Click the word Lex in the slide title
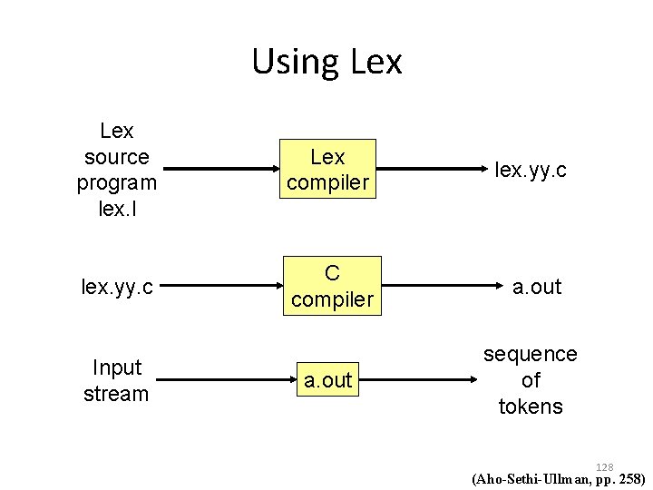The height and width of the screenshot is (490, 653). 375,62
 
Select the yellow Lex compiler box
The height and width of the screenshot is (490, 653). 327,170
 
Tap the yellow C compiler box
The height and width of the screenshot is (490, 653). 333,286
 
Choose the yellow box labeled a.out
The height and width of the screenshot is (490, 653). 327,380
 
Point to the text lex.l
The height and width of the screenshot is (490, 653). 116,209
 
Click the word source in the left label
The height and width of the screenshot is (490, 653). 116,157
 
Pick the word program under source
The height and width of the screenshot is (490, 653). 116,182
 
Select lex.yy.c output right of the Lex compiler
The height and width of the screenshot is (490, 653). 531,170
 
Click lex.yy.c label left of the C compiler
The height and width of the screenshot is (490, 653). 116,287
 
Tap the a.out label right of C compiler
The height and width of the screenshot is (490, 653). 537,287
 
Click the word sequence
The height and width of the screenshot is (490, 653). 531,354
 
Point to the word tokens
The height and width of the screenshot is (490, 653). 531,407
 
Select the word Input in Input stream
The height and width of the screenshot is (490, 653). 116,367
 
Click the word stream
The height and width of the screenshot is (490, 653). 116,394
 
